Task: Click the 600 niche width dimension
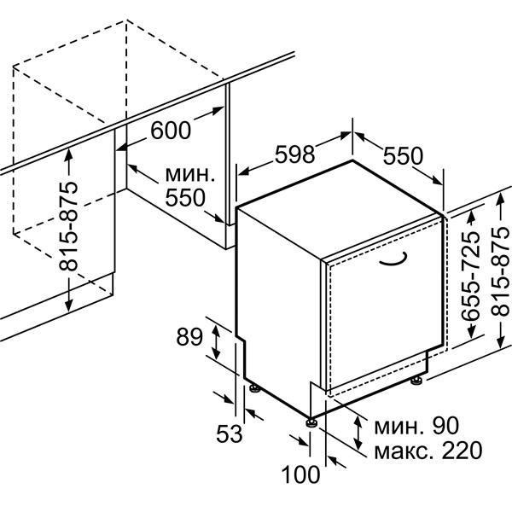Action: pos(171,131)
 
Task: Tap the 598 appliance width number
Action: pos(295,154)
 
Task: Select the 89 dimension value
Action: pos(189,337)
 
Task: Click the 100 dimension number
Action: pos(300,474)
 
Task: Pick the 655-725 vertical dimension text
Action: pos(471,276)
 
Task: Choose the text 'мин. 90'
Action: pos(416,426)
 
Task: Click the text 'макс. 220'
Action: pos(428,451)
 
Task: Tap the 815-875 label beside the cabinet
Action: pos(68,226)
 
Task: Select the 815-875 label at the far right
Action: pos(500,271)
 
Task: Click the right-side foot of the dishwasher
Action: pos(416,380)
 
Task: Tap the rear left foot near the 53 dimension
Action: pos(254,387)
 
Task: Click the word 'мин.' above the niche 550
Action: pos(190,175)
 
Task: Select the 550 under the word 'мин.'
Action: pos(185,198)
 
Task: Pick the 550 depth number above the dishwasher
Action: pos(403,156)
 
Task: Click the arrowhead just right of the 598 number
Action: pos(346,134)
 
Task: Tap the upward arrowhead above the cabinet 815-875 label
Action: pos(68,154)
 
